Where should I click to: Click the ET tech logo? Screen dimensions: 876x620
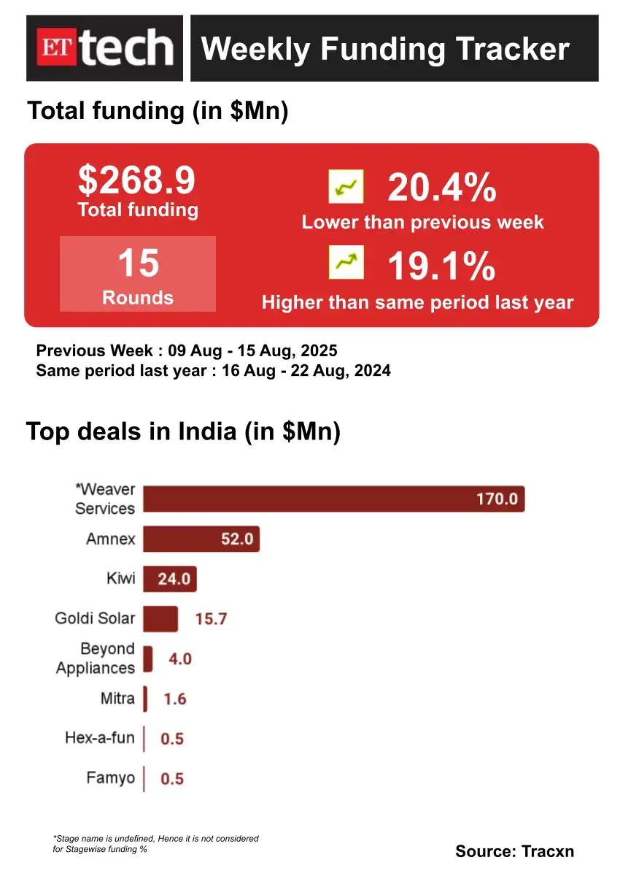click(104, 48)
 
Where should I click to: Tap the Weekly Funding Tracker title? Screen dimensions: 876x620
click(385, 49)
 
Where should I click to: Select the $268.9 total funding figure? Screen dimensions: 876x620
click(137, 180)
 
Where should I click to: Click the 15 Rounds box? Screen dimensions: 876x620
click(138, 274)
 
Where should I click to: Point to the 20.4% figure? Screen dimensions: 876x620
click(442, 188)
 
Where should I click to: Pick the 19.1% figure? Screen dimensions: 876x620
click(442, 266)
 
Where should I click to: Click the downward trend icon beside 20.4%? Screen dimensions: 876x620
click(346, 187)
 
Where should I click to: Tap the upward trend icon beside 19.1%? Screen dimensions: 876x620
click(346, 262)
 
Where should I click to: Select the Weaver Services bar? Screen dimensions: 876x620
click(333, 499)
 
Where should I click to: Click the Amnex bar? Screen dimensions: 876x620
click(201, 539)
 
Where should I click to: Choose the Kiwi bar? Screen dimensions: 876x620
click(170, 579)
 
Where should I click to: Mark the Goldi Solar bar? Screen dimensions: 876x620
click(160, 618)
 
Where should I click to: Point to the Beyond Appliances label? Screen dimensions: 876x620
click(96, 658)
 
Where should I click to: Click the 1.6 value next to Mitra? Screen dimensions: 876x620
click(175, 699)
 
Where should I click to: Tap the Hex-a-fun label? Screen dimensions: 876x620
click(100, 738)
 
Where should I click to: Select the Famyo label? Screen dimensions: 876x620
click(111, 778)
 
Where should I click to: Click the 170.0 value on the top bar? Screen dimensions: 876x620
click(497, 499)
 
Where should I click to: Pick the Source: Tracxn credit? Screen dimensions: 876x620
click(514, 851)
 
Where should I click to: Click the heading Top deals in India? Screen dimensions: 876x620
click(184, 431)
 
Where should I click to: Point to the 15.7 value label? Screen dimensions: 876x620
click(212, 619)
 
